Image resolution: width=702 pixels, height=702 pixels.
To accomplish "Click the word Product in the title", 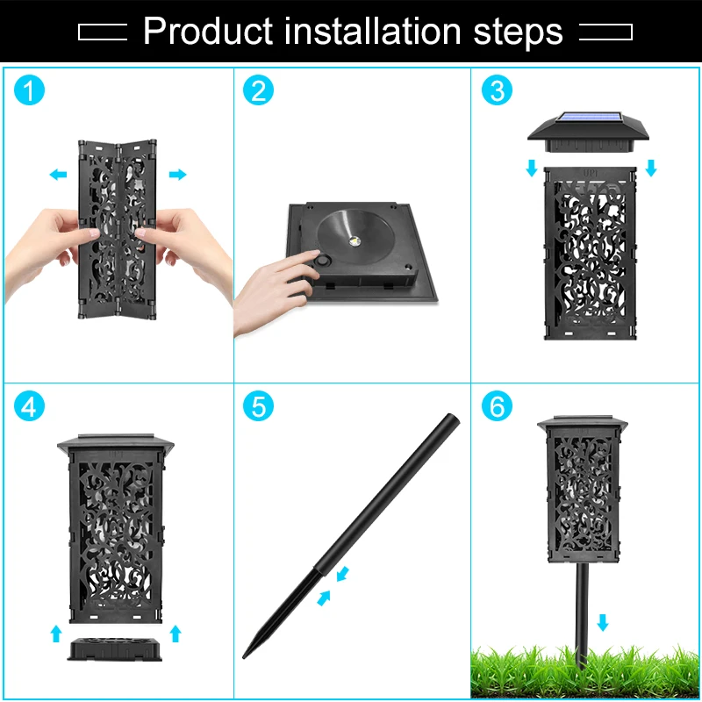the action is point(208,32).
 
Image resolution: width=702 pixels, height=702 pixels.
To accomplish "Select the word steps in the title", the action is point(518,32).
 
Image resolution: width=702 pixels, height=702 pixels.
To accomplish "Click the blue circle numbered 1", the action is point(30,90).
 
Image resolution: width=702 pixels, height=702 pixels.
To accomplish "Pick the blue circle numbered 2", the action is point(258,90).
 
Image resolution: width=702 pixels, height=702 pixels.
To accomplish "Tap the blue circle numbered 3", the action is point(497,90).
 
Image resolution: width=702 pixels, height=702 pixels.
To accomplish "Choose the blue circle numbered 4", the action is point(30,406).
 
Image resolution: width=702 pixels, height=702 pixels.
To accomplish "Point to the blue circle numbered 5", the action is point(258,406).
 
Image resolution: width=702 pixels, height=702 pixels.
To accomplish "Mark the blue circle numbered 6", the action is point(497,406).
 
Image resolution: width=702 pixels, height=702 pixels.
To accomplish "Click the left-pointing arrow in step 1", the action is point(58,174).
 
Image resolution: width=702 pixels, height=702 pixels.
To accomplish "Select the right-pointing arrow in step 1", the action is point(178,174).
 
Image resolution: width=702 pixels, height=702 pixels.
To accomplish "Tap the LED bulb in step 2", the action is point(355,241).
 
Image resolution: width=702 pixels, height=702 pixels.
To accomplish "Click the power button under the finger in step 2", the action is point(321,260).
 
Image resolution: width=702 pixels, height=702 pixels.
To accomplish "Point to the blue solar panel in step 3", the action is point(590,118).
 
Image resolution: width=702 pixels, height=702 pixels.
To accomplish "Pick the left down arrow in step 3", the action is point(532,168).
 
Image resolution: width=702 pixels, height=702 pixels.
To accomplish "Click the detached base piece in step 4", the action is point(115,648).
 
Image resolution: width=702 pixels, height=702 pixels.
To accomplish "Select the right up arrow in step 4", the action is point(175,634).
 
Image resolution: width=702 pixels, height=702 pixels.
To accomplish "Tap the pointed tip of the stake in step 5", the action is point(244,657).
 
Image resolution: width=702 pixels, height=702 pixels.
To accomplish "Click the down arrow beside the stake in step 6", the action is point(603,622).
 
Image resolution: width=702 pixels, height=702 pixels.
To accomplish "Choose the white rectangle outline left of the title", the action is point(103,32).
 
